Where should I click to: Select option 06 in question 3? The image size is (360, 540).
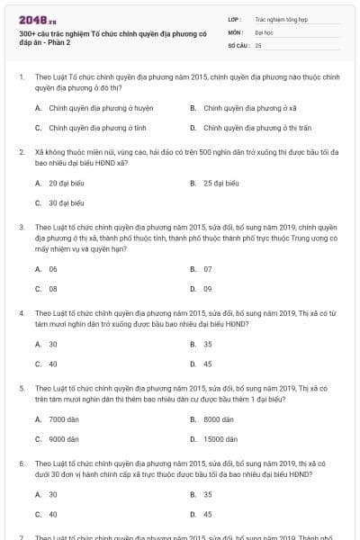[x=53, y=269]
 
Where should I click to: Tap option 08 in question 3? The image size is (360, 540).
[x=53, y=289]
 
